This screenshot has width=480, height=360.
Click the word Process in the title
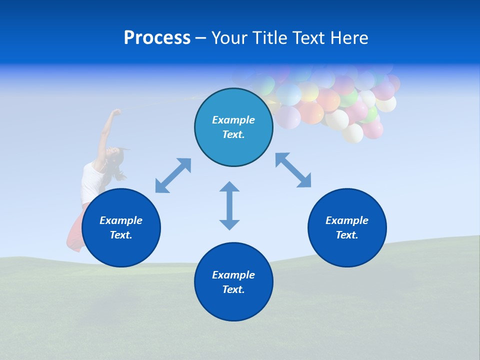[157, 38]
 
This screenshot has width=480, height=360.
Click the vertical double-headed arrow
[229, 205]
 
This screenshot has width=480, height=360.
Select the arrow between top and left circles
[173, 175]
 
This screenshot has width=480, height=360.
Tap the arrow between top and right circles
[293, 170]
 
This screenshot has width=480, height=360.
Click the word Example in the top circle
[233, 120]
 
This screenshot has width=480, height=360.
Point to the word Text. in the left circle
[121, 235]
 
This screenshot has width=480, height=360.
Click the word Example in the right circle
[347, 220]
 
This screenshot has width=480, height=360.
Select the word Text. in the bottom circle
[233, 289]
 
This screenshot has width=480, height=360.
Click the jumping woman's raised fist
[116, 112]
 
